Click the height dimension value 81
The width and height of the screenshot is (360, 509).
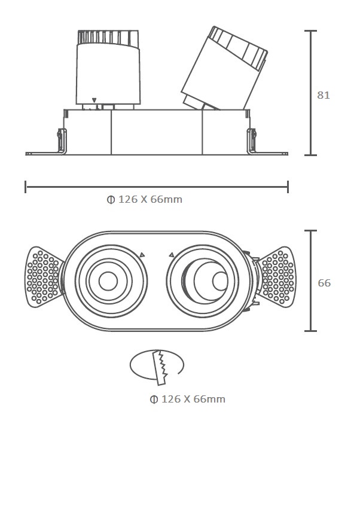(324, 95)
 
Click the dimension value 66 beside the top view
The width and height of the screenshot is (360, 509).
(324, 283)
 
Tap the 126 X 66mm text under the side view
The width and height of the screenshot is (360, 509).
(150, 199)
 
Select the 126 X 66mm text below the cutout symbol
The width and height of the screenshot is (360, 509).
(193, 398)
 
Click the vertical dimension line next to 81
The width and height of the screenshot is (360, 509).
(310, 93)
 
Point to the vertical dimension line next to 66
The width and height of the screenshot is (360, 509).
(310, 281)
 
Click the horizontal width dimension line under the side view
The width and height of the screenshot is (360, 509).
(157, 187)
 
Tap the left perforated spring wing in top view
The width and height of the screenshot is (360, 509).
(44, 277)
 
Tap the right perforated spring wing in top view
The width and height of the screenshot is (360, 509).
(277, 277)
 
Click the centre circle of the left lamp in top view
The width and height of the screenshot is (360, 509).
(108, 281)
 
